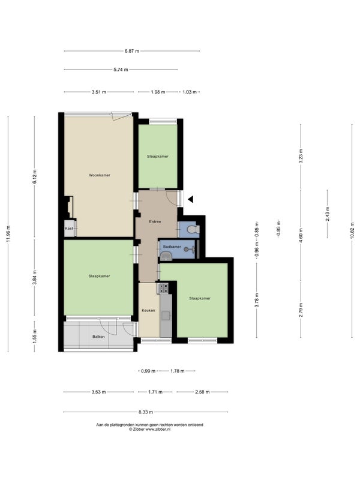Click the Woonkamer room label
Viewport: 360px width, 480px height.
coord(100,175)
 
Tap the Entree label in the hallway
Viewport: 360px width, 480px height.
coord(155,221)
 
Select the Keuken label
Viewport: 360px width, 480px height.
coord(148,310)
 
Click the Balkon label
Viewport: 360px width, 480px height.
coord(98,337)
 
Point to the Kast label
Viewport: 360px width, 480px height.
coord(68,229)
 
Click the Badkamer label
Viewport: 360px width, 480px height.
coord(172,247)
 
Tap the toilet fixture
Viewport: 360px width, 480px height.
coord(193,229)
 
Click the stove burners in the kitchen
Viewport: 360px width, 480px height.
coord(163,288)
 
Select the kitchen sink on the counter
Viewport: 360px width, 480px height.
coord(166,316)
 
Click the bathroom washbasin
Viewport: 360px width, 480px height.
coord(166,256)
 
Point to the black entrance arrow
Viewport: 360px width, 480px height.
coord(191,199)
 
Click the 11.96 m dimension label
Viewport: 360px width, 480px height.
coord(8,234)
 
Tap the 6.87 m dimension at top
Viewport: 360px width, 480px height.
coord(132,51)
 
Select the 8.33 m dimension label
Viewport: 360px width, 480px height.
coord(146,412)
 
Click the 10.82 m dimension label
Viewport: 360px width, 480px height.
coord(352,230)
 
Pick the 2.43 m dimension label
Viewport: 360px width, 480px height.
coord(327,214)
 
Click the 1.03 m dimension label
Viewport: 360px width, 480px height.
coord(190,92)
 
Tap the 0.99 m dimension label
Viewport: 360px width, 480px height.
coord(148,371)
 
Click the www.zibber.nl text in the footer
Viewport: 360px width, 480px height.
coord(158,430)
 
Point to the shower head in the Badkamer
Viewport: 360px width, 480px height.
coord(186,250)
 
